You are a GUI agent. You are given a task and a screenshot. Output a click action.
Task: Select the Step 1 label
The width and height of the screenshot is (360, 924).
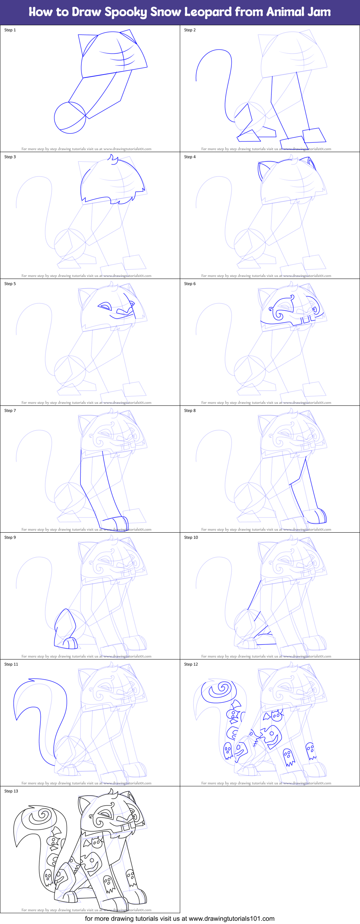pos(10,30)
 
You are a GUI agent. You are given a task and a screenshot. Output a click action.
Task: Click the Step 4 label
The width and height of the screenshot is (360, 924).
pos(190,157)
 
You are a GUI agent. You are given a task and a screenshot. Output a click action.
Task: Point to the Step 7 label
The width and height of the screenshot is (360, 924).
pos(10,410)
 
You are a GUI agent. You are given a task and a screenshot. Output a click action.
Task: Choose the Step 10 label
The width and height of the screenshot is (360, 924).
pos(191,537)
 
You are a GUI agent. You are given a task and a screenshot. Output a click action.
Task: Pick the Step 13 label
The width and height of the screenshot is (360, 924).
pos(11,791)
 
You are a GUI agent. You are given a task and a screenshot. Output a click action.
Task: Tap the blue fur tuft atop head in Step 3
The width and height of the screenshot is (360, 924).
pos(114,159)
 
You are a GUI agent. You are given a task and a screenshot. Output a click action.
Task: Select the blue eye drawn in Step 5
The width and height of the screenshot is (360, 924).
pos(105,307)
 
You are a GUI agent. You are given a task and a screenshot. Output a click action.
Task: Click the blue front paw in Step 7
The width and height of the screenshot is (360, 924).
pos(116,522)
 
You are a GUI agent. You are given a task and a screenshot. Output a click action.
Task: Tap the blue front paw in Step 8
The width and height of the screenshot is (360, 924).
pos(317,516)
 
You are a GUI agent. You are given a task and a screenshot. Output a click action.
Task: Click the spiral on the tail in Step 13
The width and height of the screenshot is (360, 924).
pos(41,816)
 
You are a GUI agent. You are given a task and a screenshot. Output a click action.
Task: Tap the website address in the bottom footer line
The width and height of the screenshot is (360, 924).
pos(231,919)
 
